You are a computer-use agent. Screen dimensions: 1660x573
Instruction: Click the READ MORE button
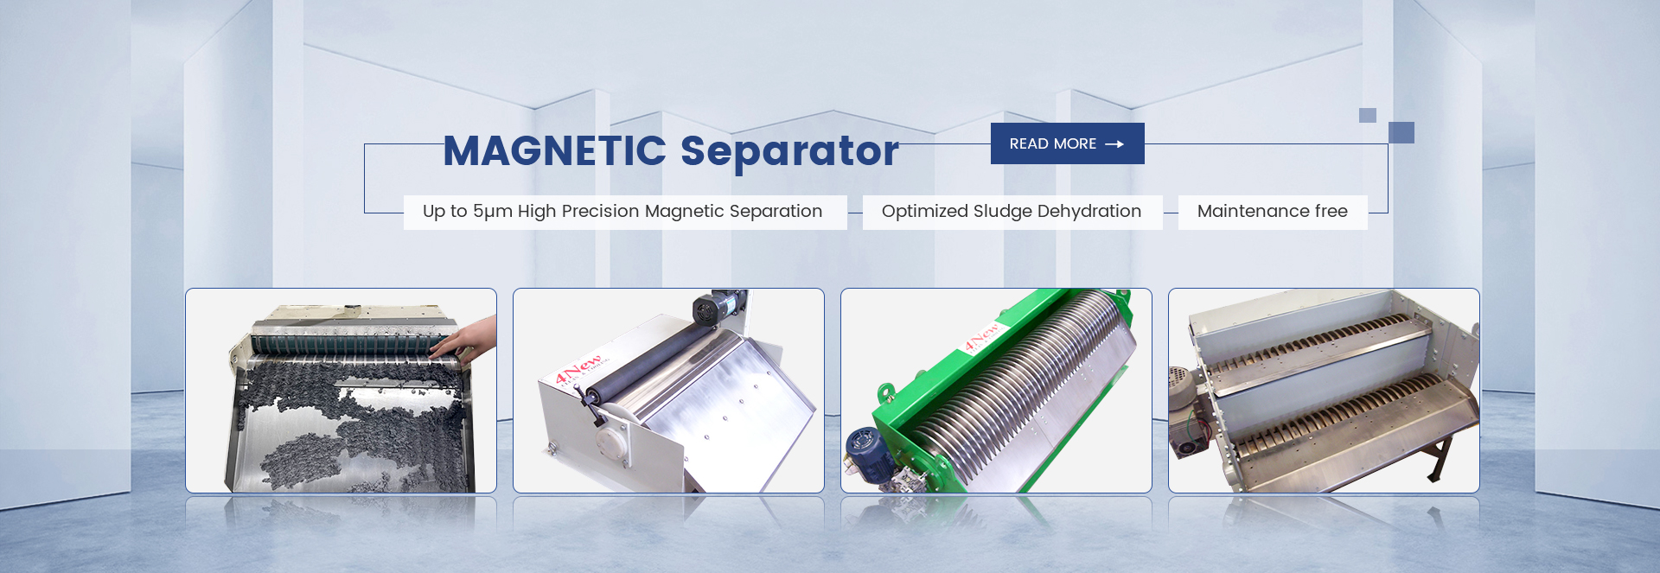(1067, 143)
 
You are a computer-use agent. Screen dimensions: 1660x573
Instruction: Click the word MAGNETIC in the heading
(554, 150)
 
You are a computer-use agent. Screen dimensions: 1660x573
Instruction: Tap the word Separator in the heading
(789, 151)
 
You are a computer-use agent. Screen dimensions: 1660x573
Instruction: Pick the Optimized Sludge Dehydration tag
(1012, 212)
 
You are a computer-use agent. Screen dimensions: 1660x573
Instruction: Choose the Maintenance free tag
(1273, 212)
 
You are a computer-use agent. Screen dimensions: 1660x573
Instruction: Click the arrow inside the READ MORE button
(1114, 144)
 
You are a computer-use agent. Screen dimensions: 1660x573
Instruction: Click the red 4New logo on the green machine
(982, 336)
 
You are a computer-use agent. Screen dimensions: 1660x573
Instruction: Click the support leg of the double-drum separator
(1437, 458)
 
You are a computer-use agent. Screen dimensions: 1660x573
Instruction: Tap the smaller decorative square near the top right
(1368, 115)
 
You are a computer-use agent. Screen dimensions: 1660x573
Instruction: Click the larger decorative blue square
(1401, 132)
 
